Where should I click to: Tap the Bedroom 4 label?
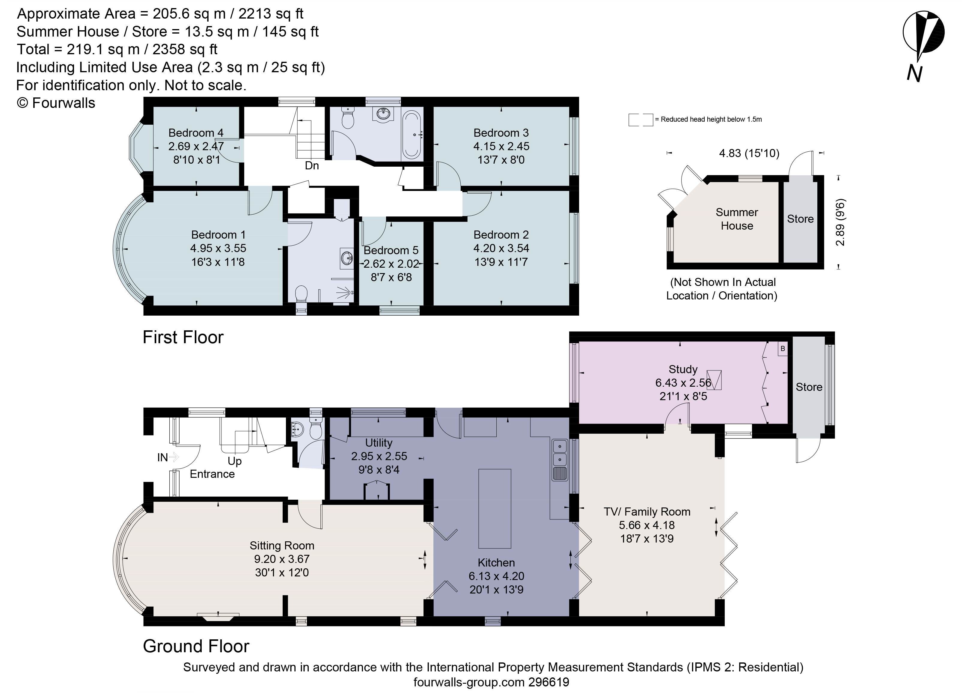pyautogui.click(x=196, y=133)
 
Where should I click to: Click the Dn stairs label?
pyautogui.click(x=312, y=165)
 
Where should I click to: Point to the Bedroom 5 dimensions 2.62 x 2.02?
pyautogui.click(x=391, y=264)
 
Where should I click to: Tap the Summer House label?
pyautogui.click(x=737, y=219)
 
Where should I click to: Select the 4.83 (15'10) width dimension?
pyautogui.click(x=749, y=153)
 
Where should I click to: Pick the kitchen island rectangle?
pyautogui.click(x=495, y=509)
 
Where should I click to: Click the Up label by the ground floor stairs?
pyautogui.click(x=234, y=461)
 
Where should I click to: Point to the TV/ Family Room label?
pyautogui.click(x=647, y=512)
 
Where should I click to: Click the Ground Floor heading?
pyautogui.click(x=196, y=646)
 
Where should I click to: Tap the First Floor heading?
pyautogui.click(x=183, y=337)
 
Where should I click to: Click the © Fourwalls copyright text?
pyautogui.click(x=56, y=103)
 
